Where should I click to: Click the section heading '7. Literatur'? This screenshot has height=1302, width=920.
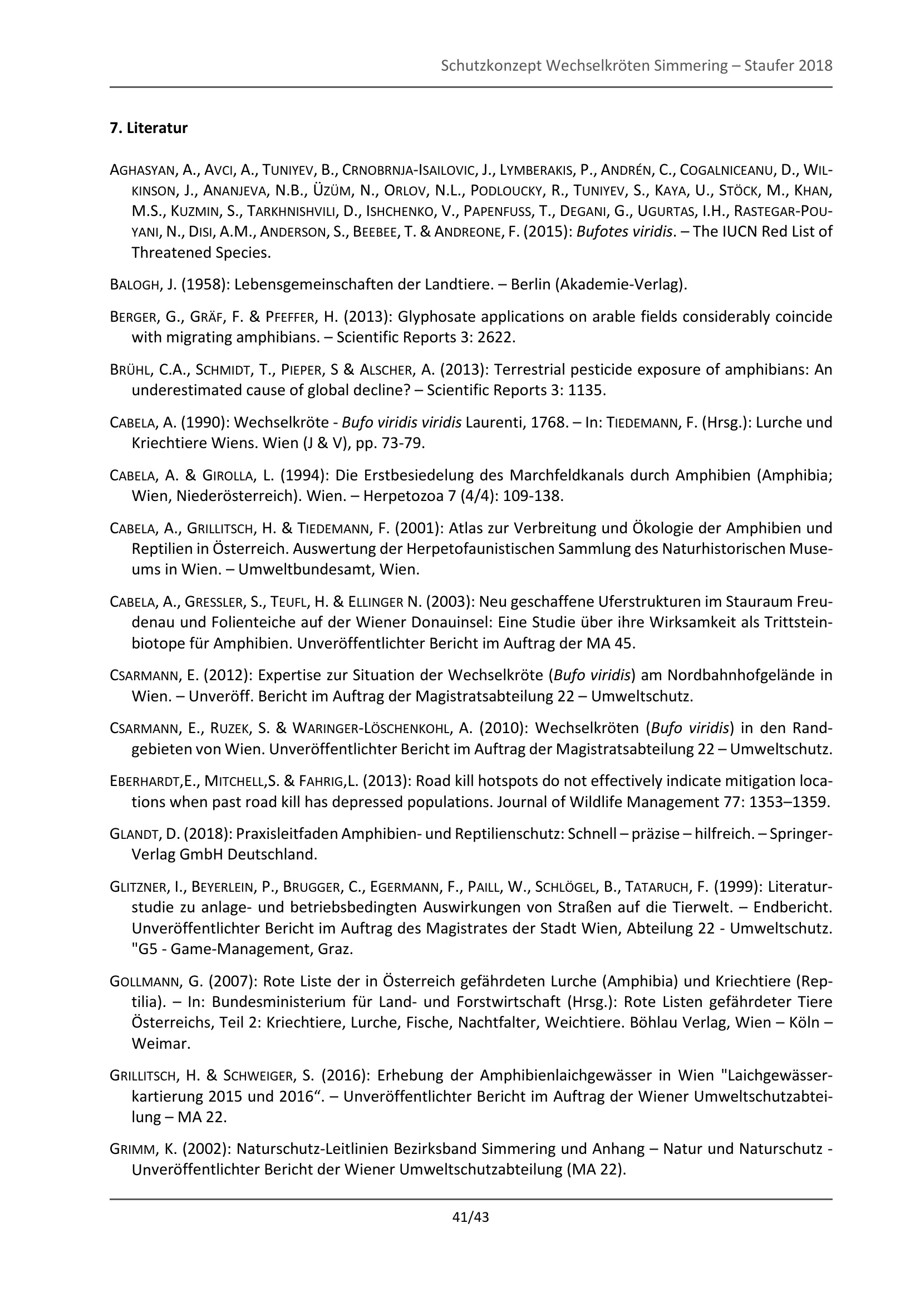click(x=149, y=128)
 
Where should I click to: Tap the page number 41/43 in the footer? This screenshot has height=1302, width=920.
click(x=470, y=1216)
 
